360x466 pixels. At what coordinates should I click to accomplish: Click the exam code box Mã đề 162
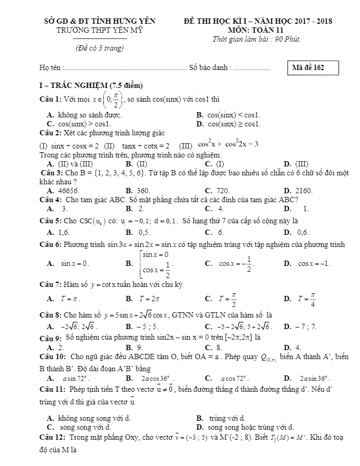(312, 68)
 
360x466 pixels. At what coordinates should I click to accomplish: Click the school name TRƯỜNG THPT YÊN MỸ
(100, 30)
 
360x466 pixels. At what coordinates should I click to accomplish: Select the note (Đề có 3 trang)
(100, 48)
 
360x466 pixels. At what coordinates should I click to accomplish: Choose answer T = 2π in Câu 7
(139, 299)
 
